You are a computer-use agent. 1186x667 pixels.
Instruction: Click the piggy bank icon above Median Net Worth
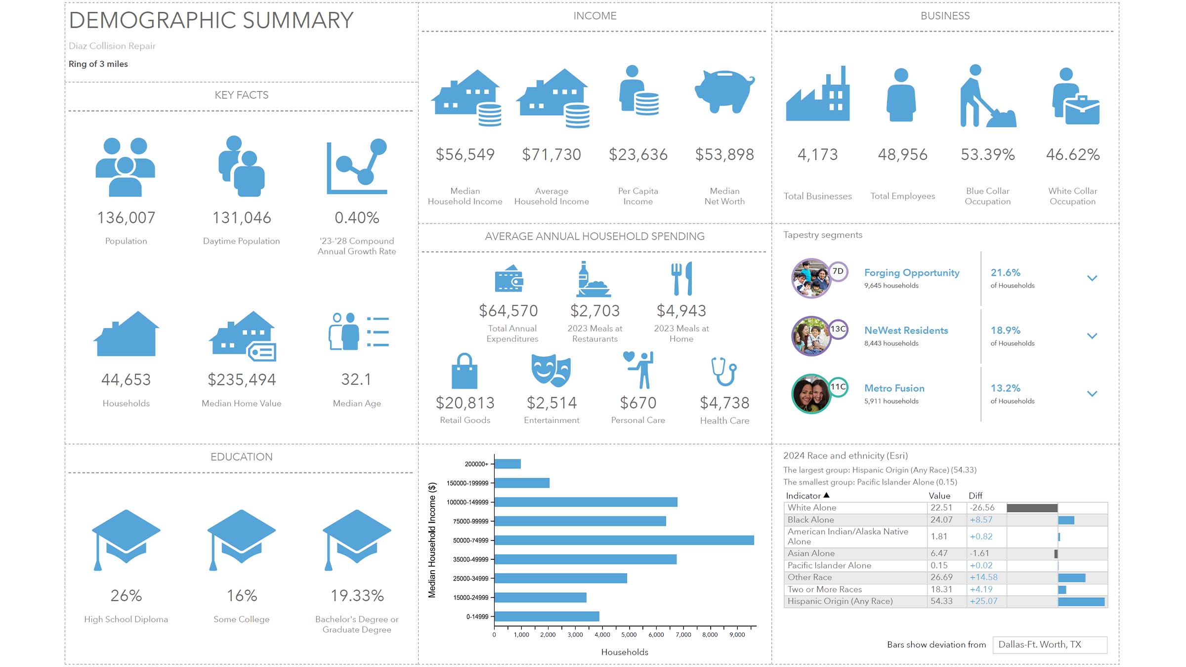pyautogui.click(x=724, y=91)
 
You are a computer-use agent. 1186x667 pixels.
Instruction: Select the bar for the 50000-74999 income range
pyautogui.click(x=624, y=540)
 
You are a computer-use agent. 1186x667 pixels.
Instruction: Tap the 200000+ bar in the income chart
pyautogui.click(x=508, y=464)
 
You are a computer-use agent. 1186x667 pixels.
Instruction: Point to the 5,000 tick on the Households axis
pyautogui.click(x=629, y=635)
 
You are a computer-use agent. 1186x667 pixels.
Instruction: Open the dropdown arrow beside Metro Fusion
pyautogui.click(x=1092, y=394)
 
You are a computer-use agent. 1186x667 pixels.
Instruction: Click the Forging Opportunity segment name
pyautogui.click(x=912, y=273)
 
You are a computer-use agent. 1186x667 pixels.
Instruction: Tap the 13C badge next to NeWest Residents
pyautogui.click(x=838, y=329)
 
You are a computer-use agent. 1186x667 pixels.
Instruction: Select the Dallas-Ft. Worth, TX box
pyautogui.click(x=1049, y=645)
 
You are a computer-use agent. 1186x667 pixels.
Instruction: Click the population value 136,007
pyautogui.click(x=126, y=218)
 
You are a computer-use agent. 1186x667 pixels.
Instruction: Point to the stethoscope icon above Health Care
pyautogui.click(x=724, y=371)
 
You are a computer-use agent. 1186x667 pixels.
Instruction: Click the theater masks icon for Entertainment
pyautogui.click(x=551, y=371)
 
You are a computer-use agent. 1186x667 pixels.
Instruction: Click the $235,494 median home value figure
pyautogui.click(x=242, y=380)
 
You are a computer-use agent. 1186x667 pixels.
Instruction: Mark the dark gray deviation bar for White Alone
pyautogui.click(x=1032, y=508)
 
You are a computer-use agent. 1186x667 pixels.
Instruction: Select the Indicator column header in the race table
pyautogui.click(x=803, y=496)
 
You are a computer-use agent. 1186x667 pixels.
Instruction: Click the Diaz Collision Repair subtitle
pyautogui.click(x=112, y=46)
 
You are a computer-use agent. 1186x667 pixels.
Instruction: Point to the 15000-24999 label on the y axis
pyautogui.click(x=470, y=598)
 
